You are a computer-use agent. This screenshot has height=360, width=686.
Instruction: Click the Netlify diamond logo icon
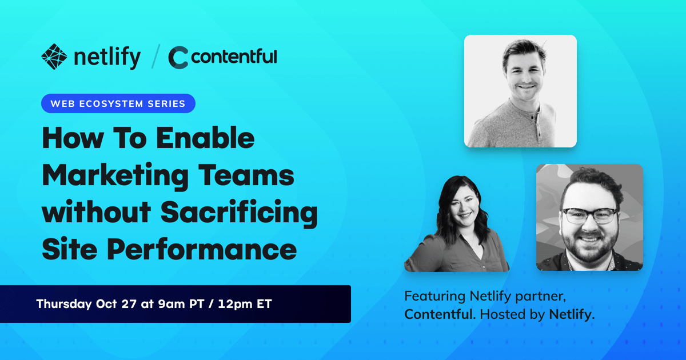pos(54,57)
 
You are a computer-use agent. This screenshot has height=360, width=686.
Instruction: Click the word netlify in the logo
pos(107,57)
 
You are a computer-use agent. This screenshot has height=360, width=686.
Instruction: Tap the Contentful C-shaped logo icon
pos(178,57)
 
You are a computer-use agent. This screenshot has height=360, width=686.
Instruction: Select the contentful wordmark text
pos(234,57)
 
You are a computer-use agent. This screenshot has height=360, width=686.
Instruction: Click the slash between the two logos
pos(155,57)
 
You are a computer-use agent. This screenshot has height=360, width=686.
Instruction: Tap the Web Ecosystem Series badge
pos(118,103)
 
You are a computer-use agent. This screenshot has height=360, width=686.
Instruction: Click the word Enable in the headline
pos(205,138)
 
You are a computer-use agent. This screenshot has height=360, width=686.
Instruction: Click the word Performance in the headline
pos(202,250)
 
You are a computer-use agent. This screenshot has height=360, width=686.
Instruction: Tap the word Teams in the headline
pos(246,175)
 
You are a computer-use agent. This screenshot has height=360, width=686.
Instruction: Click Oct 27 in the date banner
pos(116,304)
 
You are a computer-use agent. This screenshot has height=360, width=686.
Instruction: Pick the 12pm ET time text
pos(245,304)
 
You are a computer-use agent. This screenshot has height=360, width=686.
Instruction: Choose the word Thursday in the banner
pos(64,304)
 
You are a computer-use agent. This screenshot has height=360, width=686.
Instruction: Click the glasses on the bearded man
pos(589,215)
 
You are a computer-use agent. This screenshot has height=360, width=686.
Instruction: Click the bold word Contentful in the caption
pos(438,314)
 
